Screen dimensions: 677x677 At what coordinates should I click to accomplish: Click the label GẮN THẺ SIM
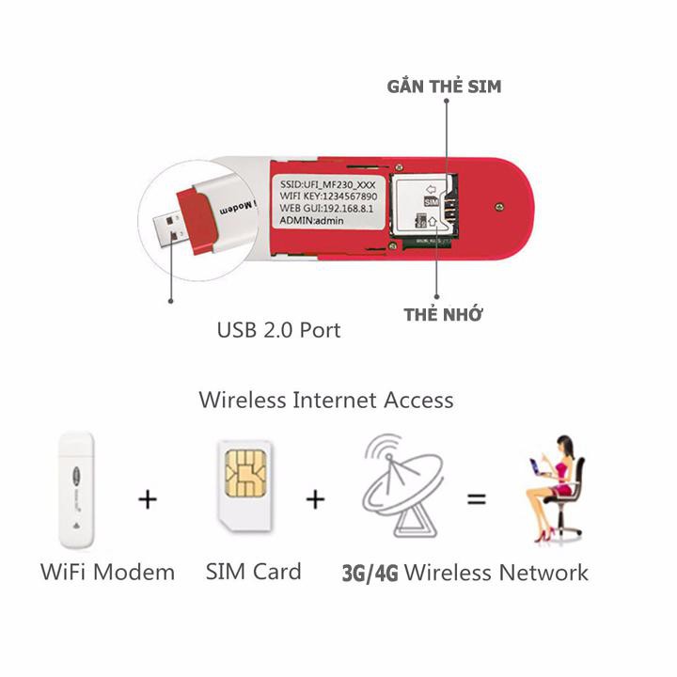pos(444,87)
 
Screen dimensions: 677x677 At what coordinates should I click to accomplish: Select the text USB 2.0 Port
pos(278,330)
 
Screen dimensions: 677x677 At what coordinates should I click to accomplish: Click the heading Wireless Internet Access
pos(326,400)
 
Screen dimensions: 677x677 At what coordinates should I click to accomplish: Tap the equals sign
pos(477,499)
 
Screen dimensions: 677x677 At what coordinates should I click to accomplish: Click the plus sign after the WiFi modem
pos(147,499)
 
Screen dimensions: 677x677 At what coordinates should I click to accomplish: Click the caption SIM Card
pos(253,571)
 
